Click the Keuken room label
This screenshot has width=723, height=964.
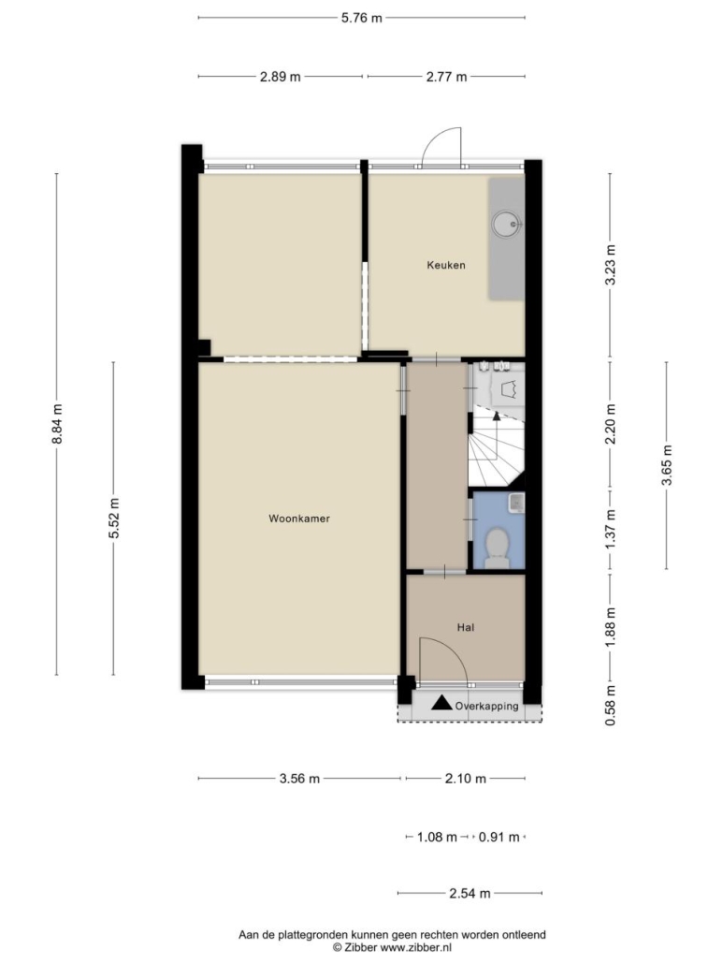point(446,265)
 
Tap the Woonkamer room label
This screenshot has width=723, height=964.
point(299,519)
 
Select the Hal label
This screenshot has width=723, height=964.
point(466,628)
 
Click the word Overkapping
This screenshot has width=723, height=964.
point(486,706)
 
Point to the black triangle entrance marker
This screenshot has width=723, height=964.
point(441,703)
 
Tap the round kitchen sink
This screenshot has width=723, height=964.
point(507,225)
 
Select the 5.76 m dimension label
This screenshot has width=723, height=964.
point(362,18)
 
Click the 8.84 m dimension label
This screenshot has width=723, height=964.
point(56,424)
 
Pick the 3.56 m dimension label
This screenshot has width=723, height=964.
point(299,779)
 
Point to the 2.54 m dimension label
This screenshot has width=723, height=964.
point(470,893)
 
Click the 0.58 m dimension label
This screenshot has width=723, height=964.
point(610,705)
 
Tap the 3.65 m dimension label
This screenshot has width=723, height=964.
point(667,465)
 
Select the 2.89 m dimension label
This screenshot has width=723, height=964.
point(280,77)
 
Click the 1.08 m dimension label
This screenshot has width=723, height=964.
point(437,837)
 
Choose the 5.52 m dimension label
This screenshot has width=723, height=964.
point(113,519)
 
